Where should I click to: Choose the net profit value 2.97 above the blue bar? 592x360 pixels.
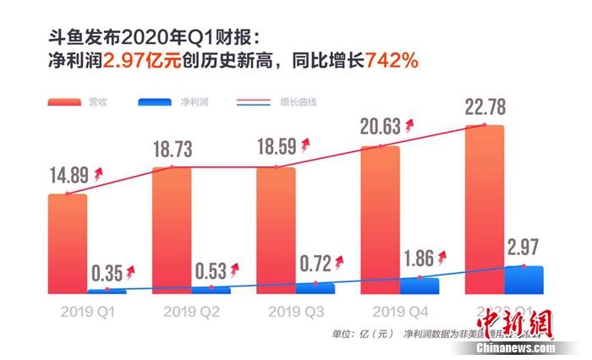click(525, 248)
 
